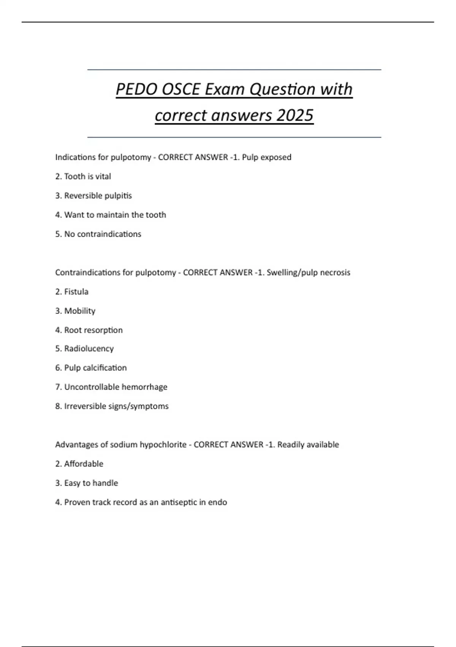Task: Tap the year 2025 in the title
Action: click(x=295, y=115)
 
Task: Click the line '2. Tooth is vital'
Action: click(x=83, y=177)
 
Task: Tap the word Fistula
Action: click(x=76, y=292)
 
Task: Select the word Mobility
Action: click(x=80, y=311)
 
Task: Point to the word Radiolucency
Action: click(x=89, y=349)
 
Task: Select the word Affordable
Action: click(x=84, y=464)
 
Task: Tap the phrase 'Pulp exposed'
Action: click(x=267, y=157)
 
